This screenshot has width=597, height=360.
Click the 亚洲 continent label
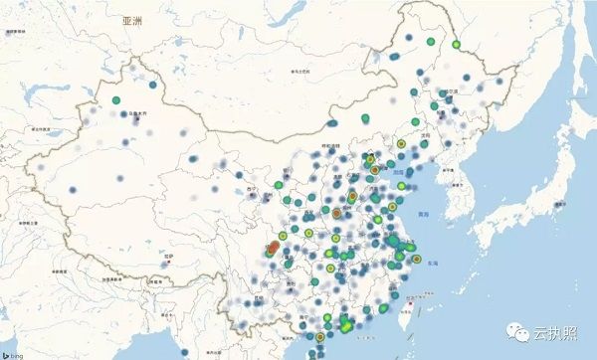[132, 20]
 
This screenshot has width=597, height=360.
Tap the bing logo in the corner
[14, 352]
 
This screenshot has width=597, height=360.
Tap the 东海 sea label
[431, 264]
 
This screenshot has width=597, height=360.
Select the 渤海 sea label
[401, 172]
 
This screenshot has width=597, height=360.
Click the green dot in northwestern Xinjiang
[116, 100]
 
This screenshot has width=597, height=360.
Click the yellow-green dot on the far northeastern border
[456, 44]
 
